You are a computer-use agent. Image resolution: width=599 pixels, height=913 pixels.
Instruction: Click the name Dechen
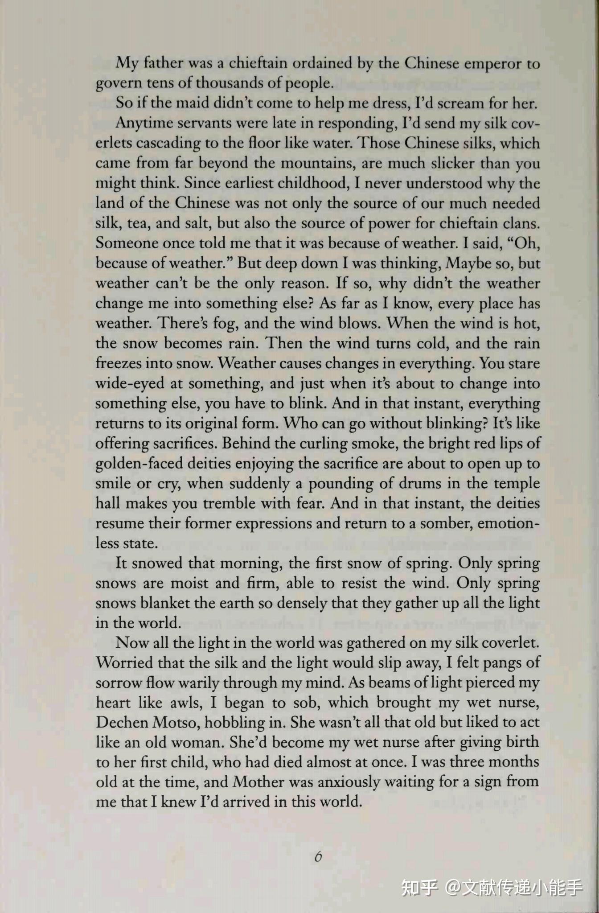click(122, 723)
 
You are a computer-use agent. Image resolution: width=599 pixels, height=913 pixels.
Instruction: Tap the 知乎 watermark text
click(419, 887)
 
